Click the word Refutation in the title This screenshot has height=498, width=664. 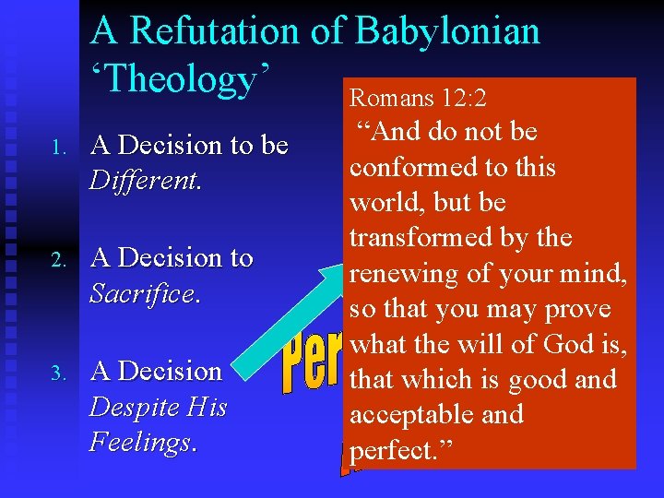(216, 31)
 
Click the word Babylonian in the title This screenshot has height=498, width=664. (447, 31)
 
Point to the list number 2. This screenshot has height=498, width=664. (56, 260)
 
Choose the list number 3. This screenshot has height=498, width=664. (56, 373)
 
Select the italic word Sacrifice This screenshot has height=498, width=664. (143, 293)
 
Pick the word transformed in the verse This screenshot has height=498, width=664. (421, 238)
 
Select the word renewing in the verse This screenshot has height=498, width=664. (403, 274)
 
